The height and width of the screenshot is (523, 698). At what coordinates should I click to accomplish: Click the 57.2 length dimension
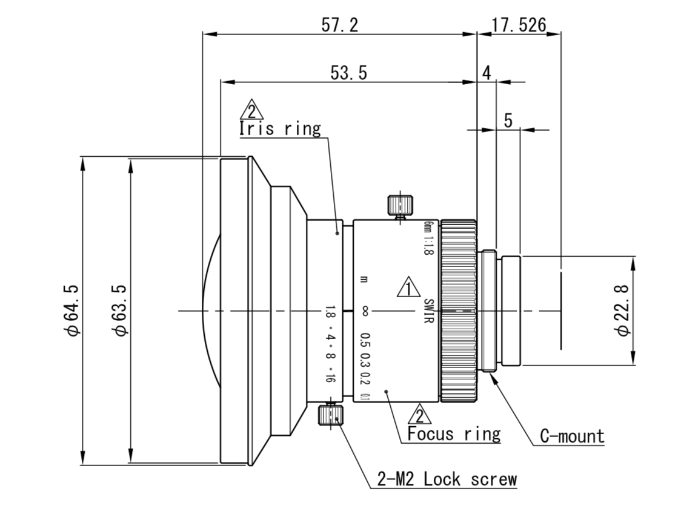340,25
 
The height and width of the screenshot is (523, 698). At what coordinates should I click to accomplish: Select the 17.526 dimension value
519,25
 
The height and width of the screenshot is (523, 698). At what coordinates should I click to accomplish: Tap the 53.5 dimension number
349,73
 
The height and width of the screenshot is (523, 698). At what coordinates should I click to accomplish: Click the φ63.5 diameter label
120,310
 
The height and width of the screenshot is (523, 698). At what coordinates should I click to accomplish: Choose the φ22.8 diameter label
622,311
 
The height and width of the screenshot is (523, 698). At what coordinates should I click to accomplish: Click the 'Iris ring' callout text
280,128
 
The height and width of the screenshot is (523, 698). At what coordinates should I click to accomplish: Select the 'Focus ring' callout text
454,433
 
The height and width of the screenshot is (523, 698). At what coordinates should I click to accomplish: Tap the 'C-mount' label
573,436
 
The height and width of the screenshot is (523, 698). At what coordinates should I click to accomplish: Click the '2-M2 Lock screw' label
447,479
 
